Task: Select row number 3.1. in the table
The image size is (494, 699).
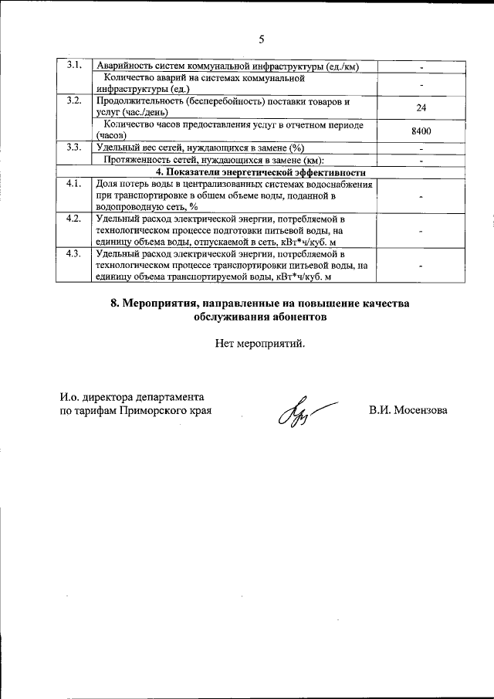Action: pos(75,64)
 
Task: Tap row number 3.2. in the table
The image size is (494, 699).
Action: pos(75,101)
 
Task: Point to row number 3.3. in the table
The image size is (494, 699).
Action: pos(75,147)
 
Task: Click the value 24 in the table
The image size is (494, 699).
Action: pos(421,108)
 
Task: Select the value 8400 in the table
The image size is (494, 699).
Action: pos(421,131)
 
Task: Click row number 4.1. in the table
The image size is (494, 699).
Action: pos(75,184)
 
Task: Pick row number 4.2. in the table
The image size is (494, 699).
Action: pos(75,219)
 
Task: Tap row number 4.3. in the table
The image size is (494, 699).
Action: pos(75,253)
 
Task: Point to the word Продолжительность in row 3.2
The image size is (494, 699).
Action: pos(141,102)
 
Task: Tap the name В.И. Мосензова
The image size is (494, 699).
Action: pos(408,410)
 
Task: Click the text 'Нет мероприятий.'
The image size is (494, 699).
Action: pos(260,344)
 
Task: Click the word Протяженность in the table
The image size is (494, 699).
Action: pos(140,160)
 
